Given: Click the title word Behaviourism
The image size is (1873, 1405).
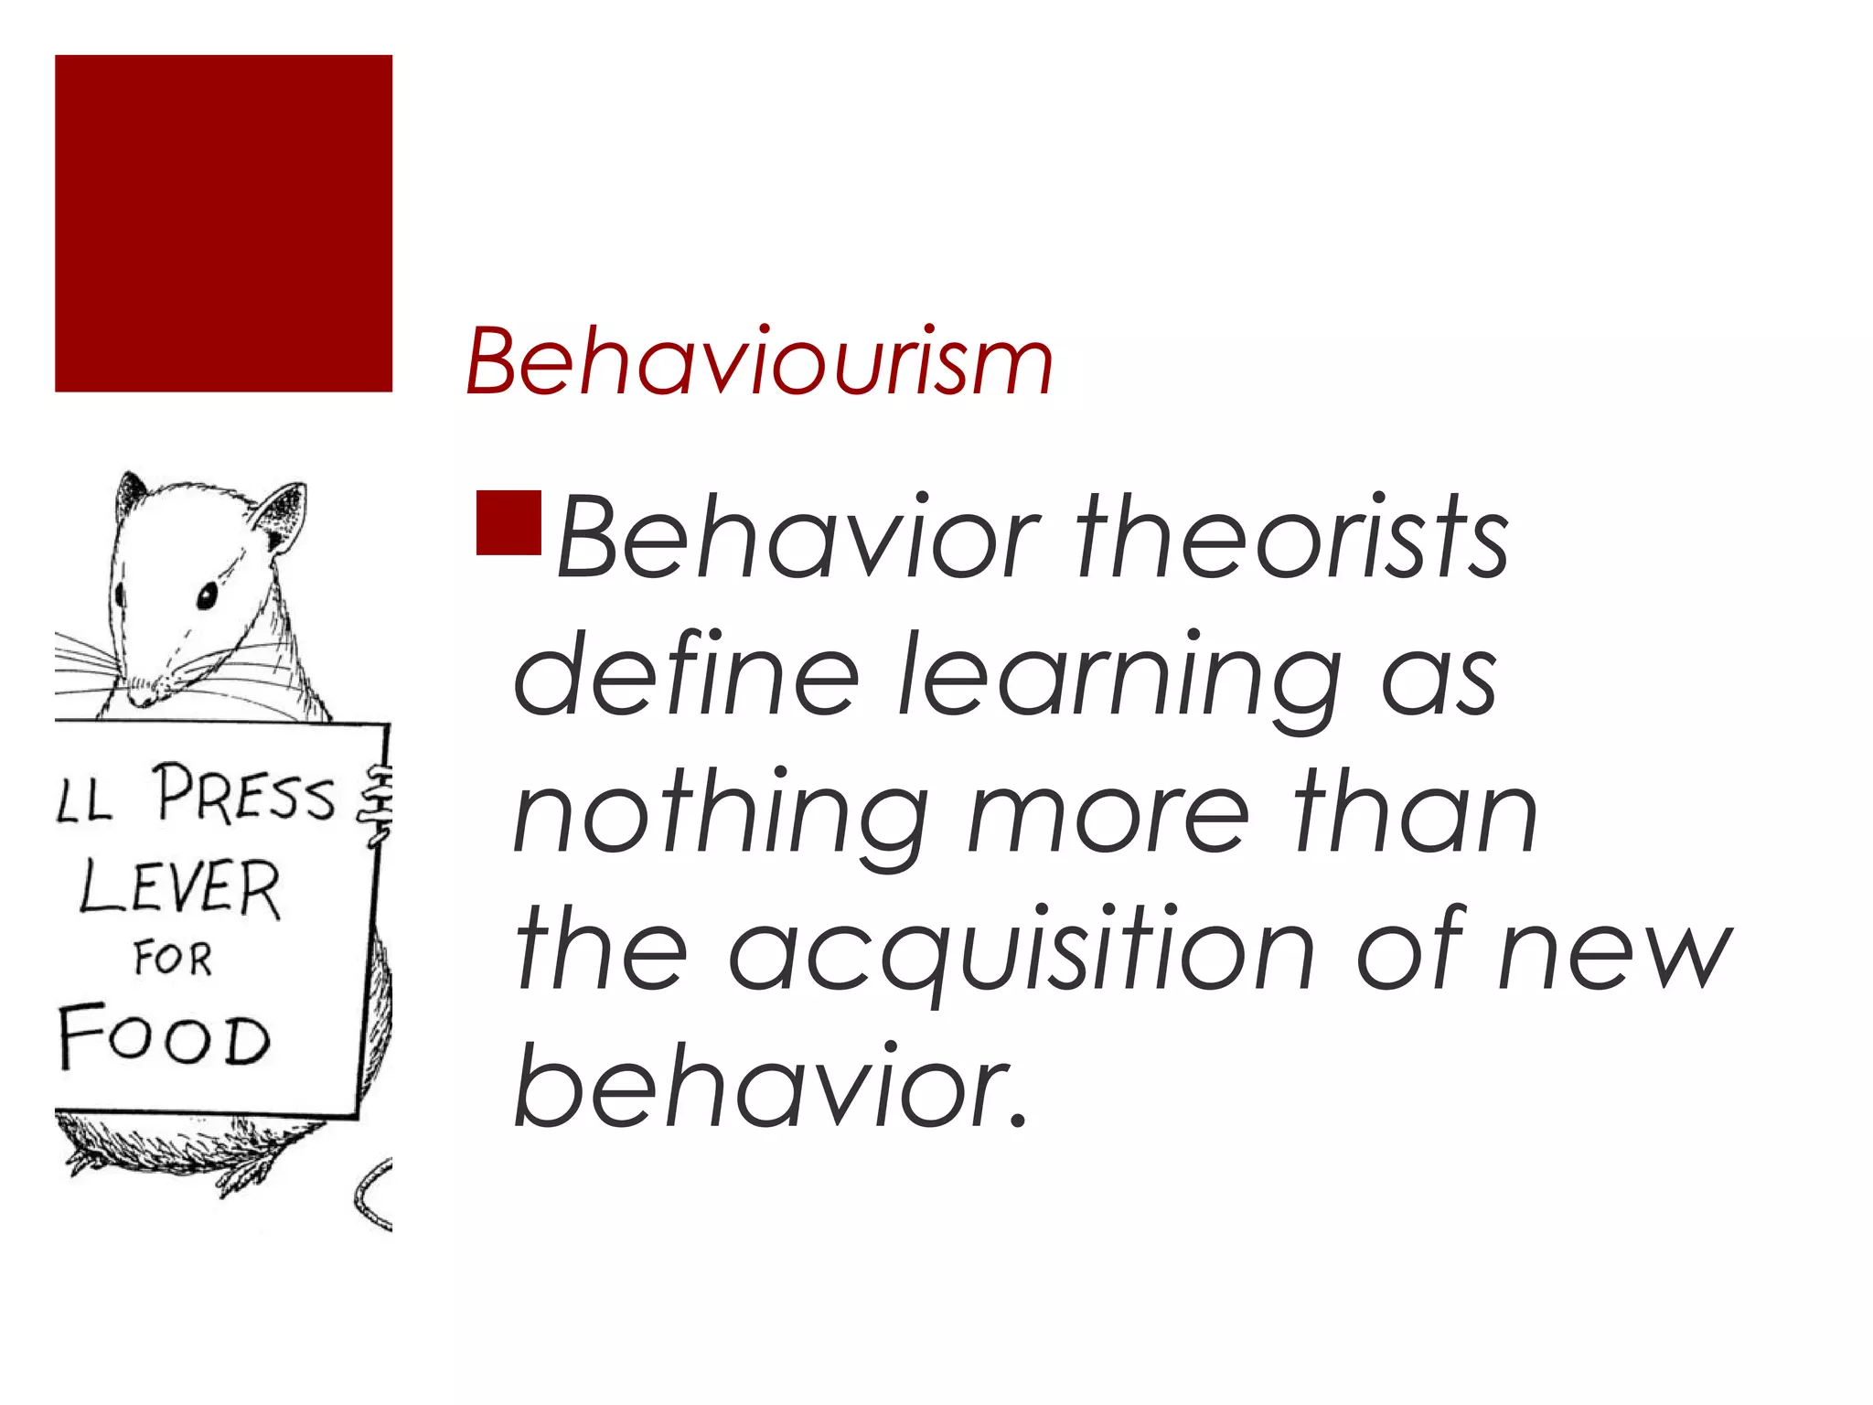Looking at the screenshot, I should click(x=759, y=363).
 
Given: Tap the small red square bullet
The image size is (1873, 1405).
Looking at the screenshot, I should click(x=508, y=523).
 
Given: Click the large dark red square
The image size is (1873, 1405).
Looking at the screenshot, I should click(x=223, y=223).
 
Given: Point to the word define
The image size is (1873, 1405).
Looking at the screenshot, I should click(x=686, y=675).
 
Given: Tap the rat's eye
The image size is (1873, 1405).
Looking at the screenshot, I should click(x=207, y=596).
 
